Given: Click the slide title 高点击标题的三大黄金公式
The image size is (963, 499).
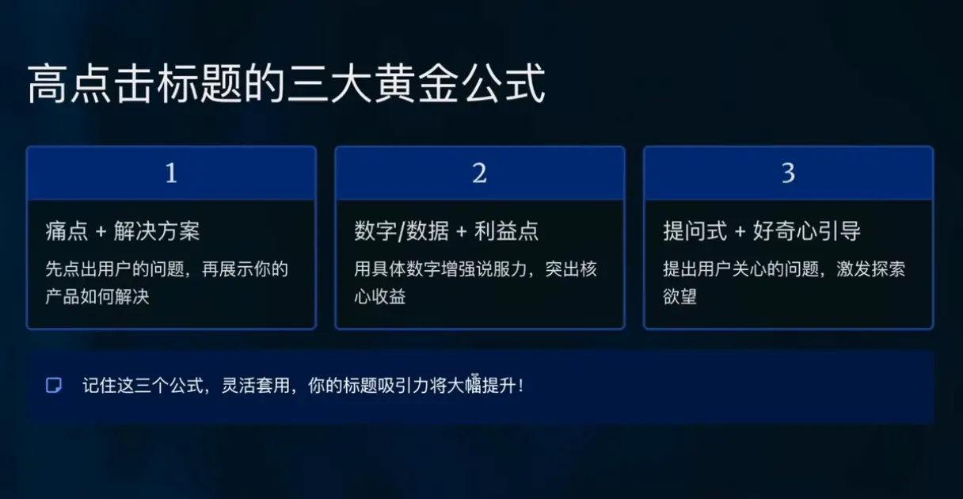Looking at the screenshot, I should (x=286, y=85).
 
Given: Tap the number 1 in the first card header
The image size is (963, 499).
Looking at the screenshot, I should (x=171, y=173).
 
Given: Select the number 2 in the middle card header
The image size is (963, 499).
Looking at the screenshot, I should (x=480, y=173).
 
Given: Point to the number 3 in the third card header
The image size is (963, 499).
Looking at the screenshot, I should (x=788, y=173).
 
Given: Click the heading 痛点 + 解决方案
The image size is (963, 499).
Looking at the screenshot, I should (x=123, y=231).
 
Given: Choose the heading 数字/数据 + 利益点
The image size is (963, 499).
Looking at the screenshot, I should (x=447, y=231).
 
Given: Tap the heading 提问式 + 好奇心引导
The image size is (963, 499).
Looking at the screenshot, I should (x=762, y=231).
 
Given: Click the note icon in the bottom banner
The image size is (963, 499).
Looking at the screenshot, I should (x=54, y=386).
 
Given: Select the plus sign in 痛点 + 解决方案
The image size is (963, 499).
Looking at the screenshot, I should (x=101, y=232).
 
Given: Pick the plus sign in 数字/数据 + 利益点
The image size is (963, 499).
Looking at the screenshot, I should (x=462, y=232).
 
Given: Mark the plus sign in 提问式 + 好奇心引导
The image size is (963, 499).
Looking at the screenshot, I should (x=740, y=232).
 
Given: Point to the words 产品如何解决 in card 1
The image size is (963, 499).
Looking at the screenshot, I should (x=97, y=298).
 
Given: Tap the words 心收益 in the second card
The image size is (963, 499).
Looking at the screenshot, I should (x=380, y=298).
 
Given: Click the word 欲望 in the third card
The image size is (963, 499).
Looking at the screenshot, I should (x=679, y=298).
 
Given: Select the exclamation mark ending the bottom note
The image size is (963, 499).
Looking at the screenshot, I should (x=520, y=387).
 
